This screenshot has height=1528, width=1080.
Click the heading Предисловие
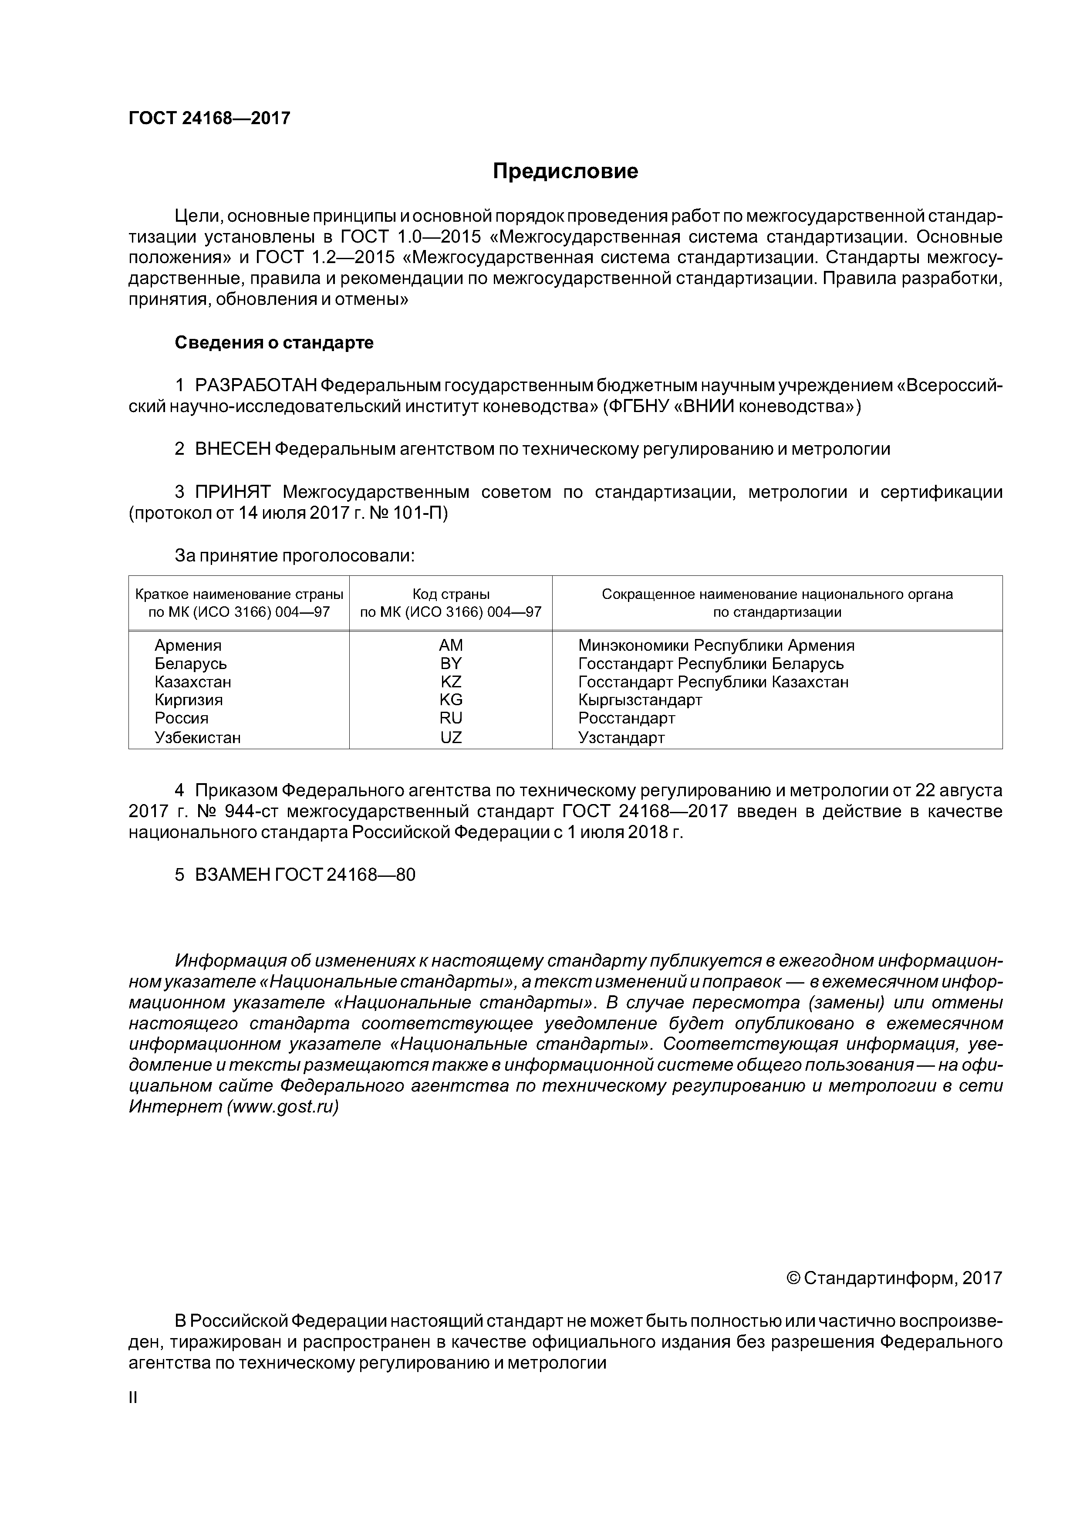point(565,172)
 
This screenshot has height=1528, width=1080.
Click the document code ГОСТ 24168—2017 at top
point(209,118)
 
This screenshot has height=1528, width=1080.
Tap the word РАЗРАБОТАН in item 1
point(255,385)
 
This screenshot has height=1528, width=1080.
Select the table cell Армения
point(188,645)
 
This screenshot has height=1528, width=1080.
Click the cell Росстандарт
point(626,718)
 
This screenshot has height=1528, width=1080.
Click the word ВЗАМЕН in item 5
point(233,875)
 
